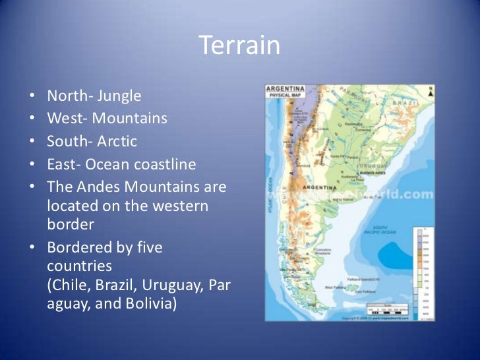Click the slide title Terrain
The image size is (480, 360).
click(239, 46)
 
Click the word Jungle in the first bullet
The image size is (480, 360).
click(119, 96)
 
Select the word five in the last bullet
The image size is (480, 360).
click(148, 248)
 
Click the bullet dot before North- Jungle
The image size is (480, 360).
click(34, 97)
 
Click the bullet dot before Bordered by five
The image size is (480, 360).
click(34, 249)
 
